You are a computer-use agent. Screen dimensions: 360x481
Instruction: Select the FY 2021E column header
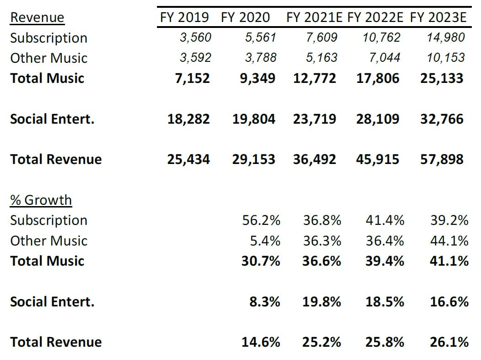click(x=314, y=17)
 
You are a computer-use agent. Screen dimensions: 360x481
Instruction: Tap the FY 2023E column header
click(x=438, y=17)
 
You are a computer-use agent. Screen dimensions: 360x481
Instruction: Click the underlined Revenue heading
click(x=37, y=18)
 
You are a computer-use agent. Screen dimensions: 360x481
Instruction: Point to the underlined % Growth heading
click(x=41, y=200)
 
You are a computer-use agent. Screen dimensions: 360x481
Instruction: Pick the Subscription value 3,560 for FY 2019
click(x=195, y=38)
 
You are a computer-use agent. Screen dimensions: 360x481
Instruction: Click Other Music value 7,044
click(x=385, y=58)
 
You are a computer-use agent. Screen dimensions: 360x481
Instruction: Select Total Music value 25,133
click(x=442, y=78)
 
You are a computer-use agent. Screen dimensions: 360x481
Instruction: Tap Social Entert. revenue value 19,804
click(x=254, y=119)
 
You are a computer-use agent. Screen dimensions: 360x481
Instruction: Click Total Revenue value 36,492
click(x=314, y=159)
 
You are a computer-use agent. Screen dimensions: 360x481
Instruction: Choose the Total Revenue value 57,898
click(x=442, y=159)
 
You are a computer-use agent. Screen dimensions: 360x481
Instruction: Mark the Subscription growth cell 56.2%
click(x=261, y=220)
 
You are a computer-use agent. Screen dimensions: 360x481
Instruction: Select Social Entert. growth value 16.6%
click(x=449, y=302)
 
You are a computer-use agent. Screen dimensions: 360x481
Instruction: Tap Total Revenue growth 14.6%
click(x=261, y=342)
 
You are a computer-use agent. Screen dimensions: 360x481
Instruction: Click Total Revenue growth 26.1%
click(x=449, y=342)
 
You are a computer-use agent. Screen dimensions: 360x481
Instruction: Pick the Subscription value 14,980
click(x=446, y=38)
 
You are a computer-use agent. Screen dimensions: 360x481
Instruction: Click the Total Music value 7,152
click(x=192, y=78)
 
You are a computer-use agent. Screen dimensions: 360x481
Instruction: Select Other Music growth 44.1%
click(x=449, y=240)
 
